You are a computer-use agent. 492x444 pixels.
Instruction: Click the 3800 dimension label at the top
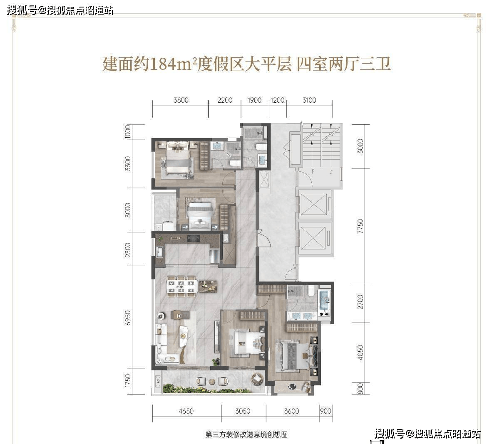pyautogui.click(x=181, y=100)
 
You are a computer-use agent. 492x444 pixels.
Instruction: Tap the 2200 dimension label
pyautogui.click(x=225, y=100)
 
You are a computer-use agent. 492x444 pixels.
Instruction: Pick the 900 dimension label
pyautogui.click(x=326, y=411)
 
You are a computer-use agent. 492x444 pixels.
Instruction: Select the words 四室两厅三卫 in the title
pyautogui.click(x=343, y=65)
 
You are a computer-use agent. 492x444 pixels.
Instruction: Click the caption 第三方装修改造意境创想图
pyautogui.click(x=246, y=434)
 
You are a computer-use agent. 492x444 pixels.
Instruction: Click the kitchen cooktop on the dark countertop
pyautogui.click(x=193, y=239)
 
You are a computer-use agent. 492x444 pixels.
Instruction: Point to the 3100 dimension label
pyautogui.click(x=309, y=100)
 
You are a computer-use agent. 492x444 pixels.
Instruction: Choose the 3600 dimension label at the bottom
pyautogui.click(x=291, y=411)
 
